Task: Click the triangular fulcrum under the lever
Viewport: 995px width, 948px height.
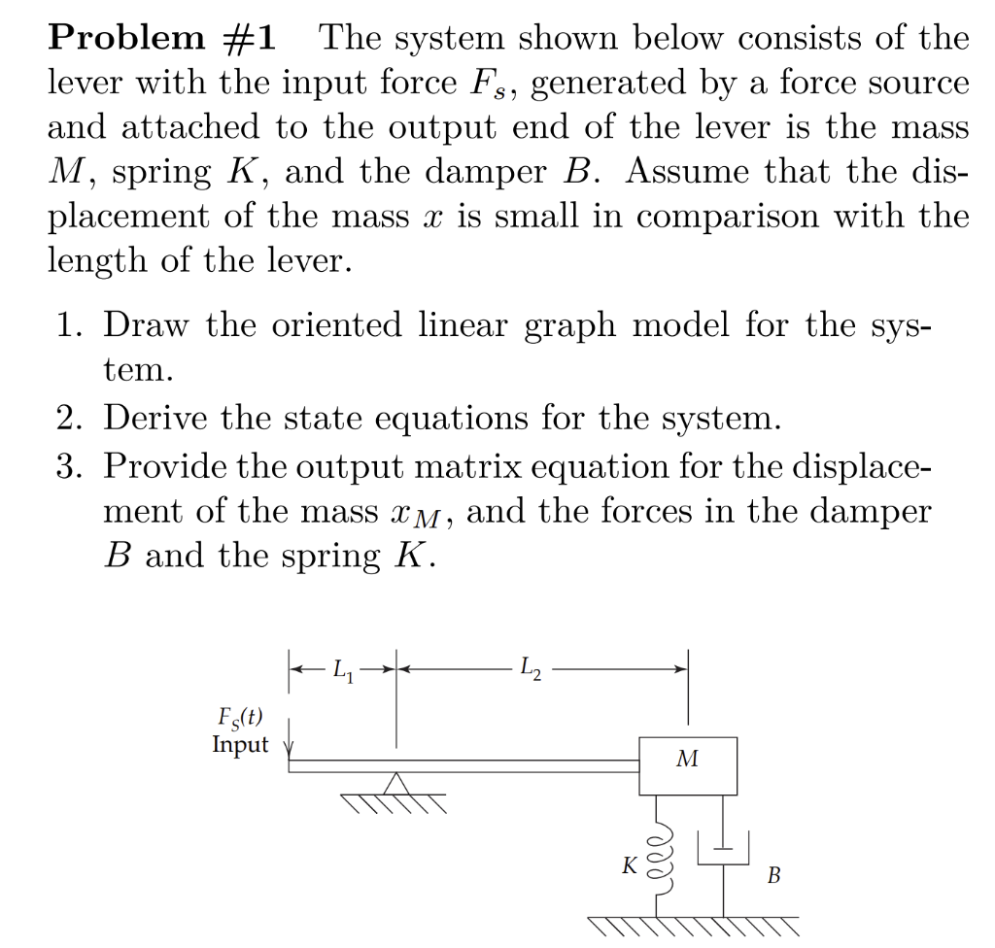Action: click(x=395, y=783)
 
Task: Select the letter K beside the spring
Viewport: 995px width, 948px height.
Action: click(x=631, y=864)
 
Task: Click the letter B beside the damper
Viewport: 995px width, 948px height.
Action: click(x=773, y=876)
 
